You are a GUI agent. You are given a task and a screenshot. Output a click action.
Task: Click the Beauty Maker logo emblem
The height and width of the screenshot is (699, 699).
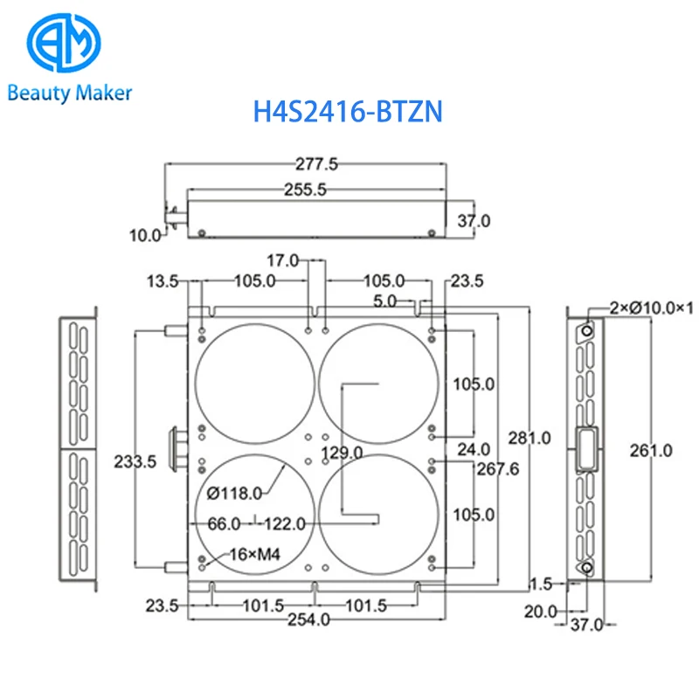pos(64,42)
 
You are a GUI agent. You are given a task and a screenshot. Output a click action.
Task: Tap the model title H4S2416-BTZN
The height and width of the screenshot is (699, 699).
pos(348,112)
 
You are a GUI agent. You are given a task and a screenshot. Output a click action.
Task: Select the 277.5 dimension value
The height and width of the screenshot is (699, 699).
pos(316,164)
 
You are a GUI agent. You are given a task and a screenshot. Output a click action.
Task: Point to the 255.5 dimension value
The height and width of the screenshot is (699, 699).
pos(305,190)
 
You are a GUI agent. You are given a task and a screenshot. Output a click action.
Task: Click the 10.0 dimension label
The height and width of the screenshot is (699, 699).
pos(145,235)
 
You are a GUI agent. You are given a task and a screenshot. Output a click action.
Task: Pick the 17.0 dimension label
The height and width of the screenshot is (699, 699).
pos(282,260)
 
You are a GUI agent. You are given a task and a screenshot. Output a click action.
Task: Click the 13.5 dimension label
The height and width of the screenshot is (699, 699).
pos(163,281)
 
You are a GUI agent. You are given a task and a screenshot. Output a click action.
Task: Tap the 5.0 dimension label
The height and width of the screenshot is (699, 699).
pos(384,301)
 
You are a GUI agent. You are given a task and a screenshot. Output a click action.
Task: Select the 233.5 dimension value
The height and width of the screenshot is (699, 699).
pos(135,462)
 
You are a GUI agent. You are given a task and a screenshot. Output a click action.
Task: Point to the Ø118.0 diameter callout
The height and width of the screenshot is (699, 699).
pos(234,494)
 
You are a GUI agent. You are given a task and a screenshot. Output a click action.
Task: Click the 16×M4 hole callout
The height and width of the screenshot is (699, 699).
pos(255,555)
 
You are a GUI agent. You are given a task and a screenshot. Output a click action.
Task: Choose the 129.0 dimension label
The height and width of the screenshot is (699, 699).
pos(342,453)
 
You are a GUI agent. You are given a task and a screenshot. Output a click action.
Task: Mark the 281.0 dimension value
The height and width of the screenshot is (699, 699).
pos(529,439)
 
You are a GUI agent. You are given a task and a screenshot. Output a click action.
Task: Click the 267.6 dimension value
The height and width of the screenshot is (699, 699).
pos(498,469)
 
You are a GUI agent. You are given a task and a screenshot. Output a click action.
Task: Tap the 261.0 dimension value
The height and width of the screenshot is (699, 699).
pos(651,451)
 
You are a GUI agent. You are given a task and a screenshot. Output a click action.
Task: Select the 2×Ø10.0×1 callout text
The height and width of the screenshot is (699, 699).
pos(652,308)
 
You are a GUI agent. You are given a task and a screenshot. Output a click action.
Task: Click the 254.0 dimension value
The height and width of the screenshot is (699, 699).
pos(308,619)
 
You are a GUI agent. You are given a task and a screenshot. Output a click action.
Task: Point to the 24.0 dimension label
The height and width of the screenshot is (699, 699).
pos(474,449)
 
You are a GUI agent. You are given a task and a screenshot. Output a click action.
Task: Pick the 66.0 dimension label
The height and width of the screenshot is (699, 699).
pos(225,523)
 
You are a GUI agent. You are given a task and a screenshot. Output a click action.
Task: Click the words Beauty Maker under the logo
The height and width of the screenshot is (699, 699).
pos(70,93)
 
